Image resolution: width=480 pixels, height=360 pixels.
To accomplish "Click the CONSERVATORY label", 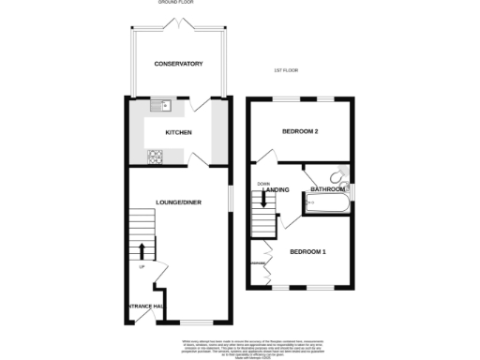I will tap(178, 64).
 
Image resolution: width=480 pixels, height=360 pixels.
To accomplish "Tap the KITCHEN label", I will tap(178, 132).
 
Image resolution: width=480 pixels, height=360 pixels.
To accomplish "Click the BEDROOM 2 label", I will tap(301, 132).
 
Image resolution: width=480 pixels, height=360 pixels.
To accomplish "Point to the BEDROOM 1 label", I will tap(307, 252).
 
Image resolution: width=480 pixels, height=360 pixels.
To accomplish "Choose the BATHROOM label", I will tap(328, 189).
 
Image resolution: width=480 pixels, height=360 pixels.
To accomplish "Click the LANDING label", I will tap(277, 190).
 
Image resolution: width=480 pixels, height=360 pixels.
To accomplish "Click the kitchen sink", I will tap(155, 105).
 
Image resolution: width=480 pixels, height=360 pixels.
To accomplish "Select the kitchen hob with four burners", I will tap(155, 155).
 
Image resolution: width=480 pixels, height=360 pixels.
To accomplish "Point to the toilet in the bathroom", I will tap(342, 174).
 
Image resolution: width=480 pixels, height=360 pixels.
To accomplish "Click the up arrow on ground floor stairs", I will tap(142, 250).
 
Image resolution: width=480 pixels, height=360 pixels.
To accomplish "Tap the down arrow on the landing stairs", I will tap(263, 199).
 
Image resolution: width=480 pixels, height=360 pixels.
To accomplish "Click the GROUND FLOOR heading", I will tap(178, 3).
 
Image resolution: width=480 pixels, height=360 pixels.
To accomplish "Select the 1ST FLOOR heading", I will tap(284, 71).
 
